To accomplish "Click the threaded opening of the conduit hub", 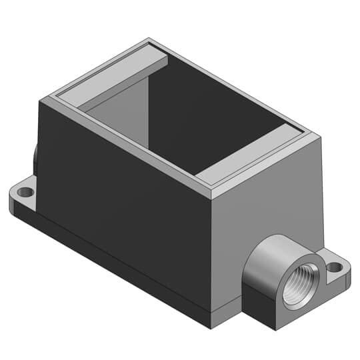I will pyautogui.click(x=295, y=290).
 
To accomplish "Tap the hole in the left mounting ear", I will pyautogui.click(x=26, y=192).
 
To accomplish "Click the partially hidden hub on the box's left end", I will pyautogui.click(x=34, y=155).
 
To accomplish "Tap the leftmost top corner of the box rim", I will pyautogui.click(x=41, y=99).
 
